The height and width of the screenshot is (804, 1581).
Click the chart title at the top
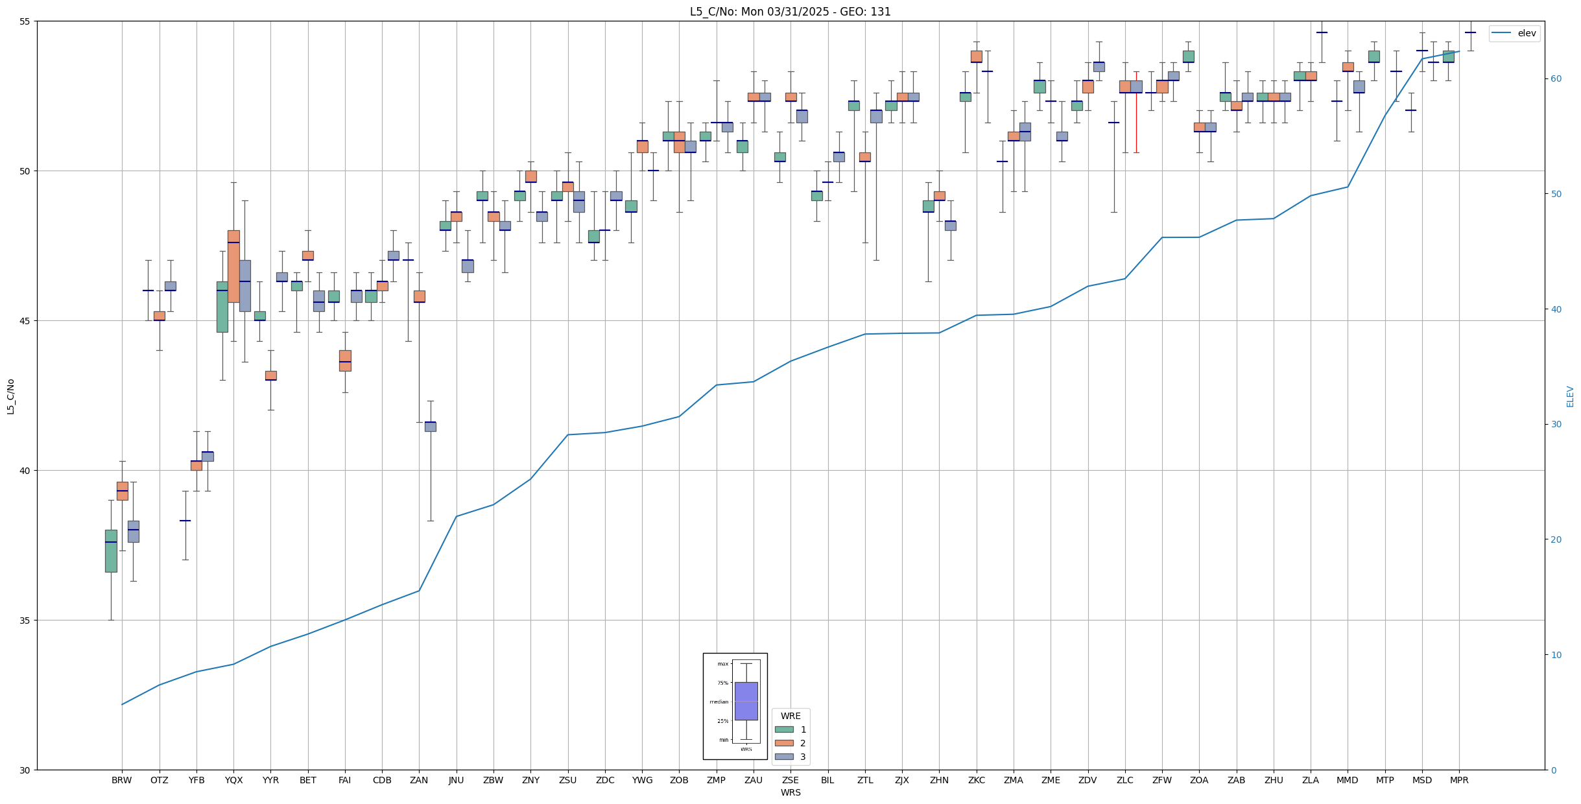[x=790, y=12]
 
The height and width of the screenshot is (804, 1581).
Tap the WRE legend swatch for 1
[x=784, y=729]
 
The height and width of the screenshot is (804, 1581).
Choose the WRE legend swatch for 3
[x=784, y=757]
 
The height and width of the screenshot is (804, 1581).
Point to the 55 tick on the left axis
[x=26, y=21]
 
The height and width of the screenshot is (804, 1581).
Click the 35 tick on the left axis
[x=26, y=621]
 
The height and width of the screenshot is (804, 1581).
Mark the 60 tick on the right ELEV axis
[x=1556, y=79]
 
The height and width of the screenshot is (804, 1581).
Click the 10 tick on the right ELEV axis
[x=1556, y=655]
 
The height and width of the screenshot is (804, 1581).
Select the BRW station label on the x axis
[x=121, y=780]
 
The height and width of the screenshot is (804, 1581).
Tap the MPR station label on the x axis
[x=1459, y=780]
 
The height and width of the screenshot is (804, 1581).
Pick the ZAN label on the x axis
[x=419, y=780]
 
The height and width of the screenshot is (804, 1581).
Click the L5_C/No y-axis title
[x=10, y=396]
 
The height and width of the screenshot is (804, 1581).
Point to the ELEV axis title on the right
[x=1570, y=396]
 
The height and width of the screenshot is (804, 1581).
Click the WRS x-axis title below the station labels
[x=790, y=792]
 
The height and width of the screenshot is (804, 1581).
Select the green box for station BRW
[x=111, y=551]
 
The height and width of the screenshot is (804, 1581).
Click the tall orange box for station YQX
[x=233, y=266]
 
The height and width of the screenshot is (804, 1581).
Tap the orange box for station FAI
[x=345, y=361]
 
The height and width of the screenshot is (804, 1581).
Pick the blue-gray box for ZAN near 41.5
[x=430, y=427]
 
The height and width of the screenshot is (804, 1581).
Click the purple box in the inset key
[x=746, y=701]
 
